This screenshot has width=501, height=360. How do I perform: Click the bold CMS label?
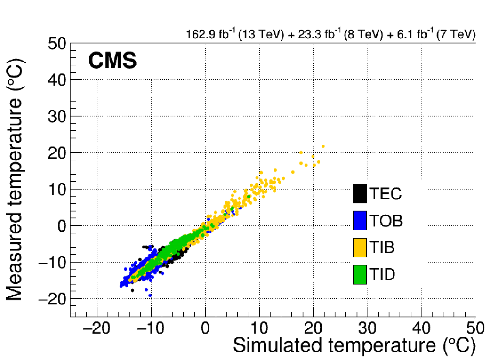[x=112, y=62]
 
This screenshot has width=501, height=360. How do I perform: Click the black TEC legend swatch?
[x=360, y=193]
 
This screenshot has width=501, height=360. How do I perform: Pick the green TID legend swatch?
[x=360, y=274]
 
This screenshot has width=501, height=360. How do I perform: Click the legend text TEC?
[x=385, y=194]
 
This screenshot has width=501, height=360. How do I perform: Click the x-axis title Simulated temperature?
[x=353, y=346]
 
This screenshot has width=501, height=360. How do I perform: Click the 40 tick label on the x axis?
[x=422, y=328]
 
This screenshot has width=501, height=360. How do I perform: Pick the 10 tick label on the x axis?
[x=260, y=328]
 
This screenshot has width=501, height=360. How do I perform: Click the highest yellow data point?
[x=323, y=146]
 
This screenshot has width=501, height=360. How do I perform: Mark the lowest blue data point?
[x=150, y=295]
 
